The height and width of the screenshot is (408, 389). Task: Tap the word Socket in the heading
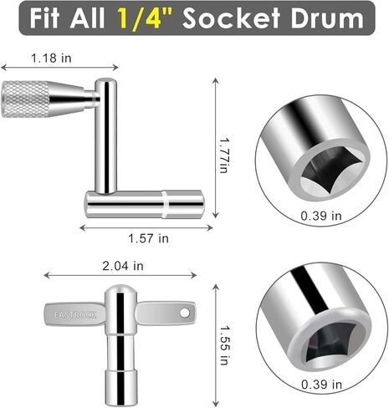click(x=231, y=18)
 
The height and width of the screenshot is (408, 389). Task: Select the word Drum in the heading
click(x=327, y=18)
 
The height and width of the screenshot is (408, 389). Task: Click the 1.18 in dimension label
click(x=51, y=59)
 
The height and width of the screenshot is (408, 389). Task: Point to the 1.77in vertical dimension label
click(x=224, y=155)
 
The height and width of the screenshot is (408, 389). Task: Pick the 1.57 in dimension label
click(x=148, y=238)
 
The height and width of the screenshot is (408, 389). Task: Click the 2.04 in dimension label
click(x=123, y=266)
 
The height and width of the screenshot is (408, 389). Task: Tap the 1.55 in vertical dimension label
click(x=224, y=345)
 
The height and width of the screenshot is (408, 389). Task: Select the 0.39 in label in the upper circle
click(x=321, y=216)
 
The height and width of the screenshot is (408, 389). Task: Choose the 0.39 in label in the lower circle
click(x=321, y=385)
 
